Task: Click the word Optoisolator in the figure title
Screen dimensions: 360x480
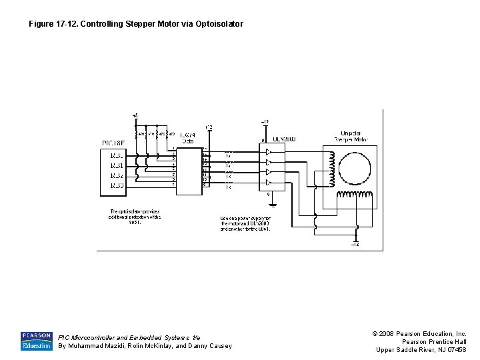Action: click(219, 24)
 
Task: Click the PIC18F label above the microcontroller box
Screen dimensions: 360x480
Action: click(113, 143)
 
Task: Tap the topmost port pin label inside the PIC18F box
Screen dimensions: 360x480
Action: click(116, 155)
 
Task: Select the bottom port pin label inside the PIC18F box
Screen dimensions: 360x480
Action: click(116, 185)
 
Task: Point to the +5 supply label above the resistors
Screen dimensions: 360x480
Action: click(135, 116)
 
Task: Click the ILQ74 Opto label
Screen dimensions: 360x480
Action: click(187, 138)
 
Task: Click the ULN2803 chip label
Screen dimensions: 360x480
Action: click(284, 139)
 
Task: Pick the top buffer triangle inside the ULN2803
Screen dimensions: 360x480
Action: click(268, 151)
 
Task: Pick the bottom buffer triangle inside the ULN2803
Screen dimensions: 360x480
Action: click(268, 182)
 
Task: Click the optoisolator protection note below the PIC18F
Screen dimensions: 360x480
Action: click(135, 217)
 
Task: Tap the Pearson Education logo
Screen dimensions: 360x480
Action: click(36, 341)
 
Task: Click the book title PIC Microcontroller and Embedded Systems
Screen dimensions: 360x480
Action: click(129, 337)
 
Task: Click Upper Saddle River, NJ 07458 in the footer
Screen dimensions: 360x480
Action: click(421, 350)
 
